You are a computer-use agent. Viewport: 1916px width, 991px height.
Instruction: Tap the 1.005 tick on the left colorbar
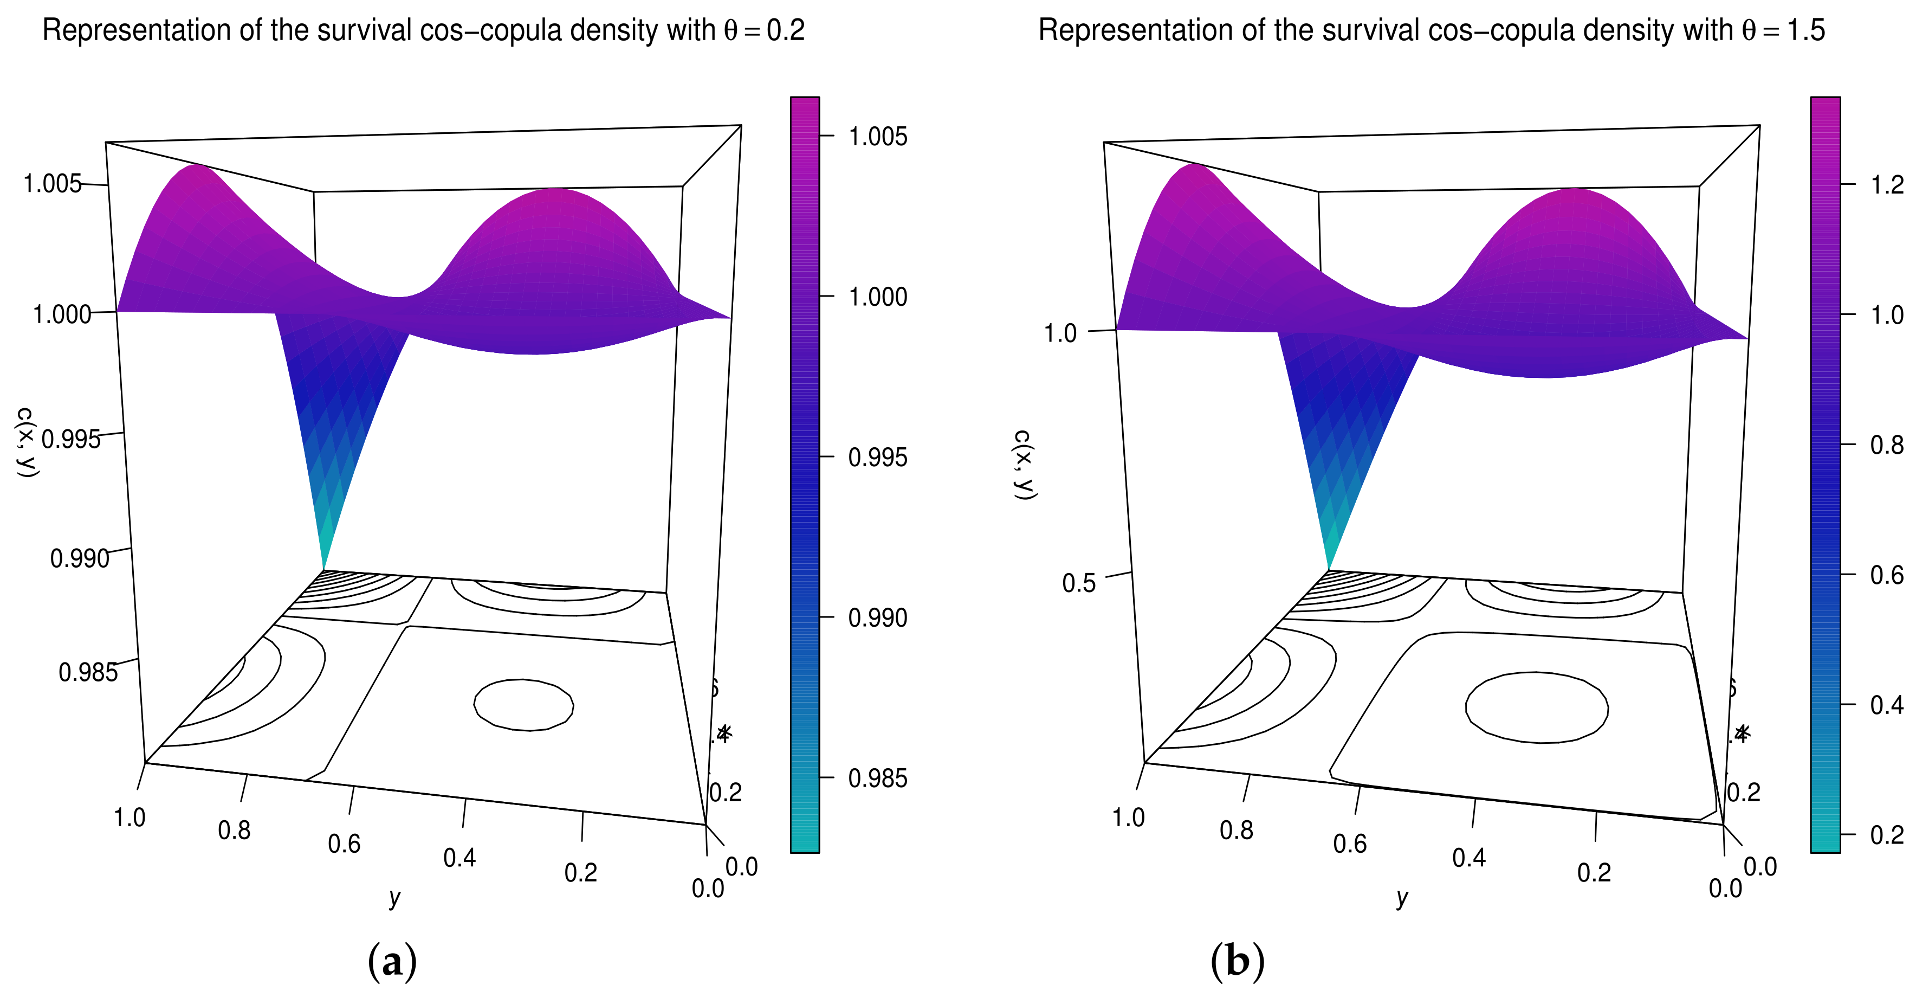[x=878, y=136]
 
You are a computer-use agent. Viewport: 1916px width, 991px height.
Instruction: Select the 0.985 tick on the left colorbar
[x=878, y=778]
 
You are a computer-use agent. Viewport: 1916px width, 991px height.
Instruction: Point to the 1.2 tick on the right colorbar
[x=1887, y=184]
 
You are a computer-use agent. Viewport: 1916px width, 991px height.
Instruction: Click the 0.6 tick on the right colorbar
[x=1887, y=574]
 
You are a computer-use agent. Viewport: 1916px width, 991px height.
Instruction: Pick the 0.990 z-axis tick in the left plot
[x=79, y=558]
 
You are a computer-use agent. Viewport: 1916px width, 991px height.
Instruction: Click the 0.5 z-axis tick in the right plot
[x=1078, y=583]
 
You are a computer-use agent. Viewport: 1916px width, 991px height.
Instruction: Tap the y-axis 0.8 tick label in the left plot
[x=234, y=831]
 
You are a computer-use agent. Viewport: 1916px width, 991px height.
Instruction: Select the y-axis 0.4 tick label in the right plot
[x=1469, y=858]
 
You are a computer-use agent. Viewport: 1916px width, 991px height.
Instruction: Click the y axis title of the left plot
[x=395, y=897]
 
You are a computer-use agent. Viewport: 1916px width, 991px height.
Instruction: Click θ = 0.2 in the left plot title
[x=764, y=30]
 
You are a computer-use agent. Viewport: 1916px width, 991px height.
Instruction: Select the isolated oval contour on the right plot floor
[x=1537, y=707]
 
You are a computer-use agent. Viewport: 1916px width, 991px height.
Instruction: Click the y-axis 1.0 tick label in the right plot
[x=1128, y=818]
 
